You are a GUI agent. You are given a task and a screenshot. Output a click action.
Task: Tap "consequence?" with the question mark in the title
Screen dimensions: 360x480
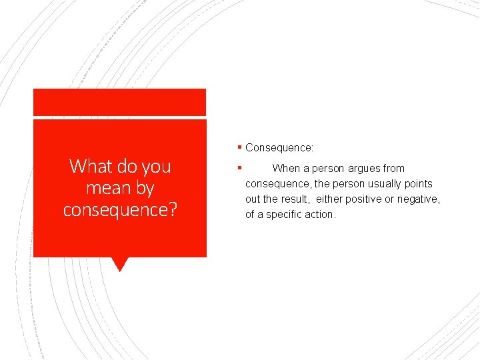[120, 209]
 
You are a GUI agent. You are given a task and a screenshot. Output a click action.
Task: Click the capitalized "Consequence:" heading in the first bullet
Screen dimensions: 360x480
[279, 147]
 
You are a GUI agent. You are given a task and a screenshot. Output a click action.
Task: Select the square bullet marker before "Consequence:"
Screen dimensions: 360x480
[239, 147]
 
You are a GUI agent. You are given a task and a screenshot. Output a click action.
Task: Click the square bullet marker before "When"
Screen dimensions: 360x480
[239, 167]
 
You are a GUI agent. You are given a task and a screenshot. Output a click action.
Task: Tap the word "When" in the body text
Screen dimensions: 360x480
[286, 169]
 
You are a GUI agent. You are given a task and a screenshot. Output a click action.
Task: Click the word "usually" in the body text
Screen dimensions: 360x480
[383, 184]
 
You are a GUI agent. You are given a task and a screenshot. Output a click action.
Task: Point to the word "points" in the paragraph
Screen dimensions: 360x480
[419, 184]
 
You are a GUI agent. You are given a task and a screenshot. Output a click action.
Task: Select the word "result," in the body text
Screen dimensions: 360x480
[295, 199]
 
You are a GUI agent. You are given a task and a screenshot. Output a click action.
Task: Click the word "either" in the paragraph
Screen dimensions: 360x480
[330, 199]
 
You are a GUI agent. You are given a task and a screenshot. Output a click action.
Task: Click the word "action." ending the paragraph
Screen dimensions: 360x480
[321, 215]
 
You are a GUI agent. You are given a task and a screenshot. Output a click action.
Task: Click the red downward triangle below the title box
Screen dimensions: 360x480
[120, 264]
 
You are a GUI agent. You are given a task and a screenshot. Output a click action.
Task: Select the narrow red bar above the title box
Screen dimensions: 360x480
[120, 102]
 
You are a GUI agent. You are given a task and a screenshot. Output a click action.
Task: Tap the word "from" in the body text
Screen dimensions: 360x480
[393, 169]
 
